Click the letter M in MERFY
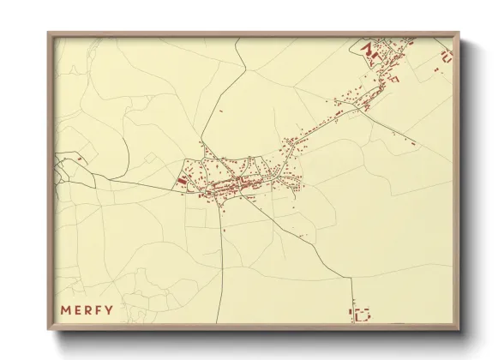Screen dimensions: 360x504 65,309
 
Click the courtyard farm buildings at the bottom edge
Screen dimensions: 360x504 361,314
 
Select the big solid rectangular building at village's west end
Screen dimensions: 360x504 182,181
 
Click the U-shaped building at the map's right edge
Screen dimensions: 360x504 445,58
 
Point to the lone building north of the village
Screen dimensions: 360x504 221,111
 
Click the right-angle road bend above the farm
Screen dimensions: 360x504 351,278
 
